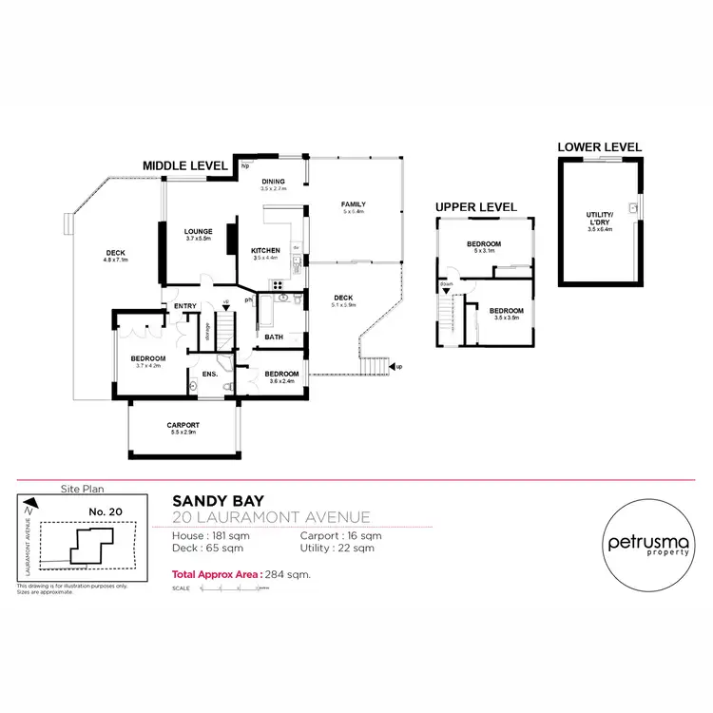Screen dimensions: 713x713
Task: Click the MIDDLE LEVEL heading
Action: coord(184,165)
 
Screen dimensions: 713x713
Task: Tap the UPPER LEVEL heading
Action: coord(475,206)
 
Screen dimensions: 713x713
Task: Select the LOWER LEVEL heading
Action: coord(599,146)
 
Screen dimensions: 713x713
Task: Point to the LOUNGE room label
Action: coord(198,232)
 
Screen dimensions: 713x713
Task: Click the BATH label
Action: coord(274,337)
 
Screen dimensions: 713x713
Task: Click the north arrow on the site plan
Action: coord(30,504)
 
